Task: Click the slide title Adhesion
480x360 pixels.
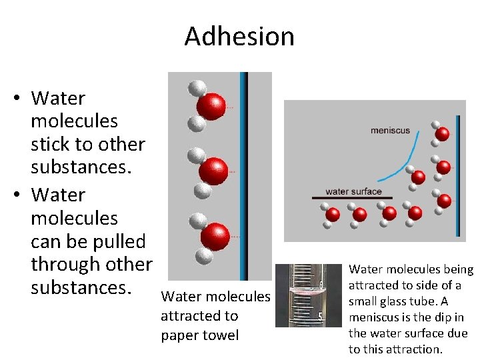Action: click(x=239, y=36)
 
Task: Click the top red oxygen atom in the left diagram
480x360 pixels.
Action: click(x=211, y=107)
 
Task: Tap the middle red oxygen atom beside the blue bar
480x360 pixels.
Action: click(x=213, y=171)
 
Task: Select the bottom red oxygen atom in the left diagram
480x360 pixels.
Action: click(x=215, y=237)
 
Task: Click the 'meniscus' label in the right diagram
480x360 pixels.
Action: click(x=390, y=131)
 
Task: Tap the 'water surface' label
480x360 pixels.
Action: click(x=353, y=191)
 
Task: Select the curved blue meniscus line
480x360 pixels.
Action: click(x=407, y=160)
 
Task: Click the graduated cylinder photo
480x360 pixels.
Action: click(x=299, y=295)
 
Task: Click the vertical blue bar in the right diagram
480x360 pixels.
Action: click(x=458, y=175)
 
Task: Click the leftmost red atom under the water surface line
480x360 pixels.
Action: click(x=333, y=215)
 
